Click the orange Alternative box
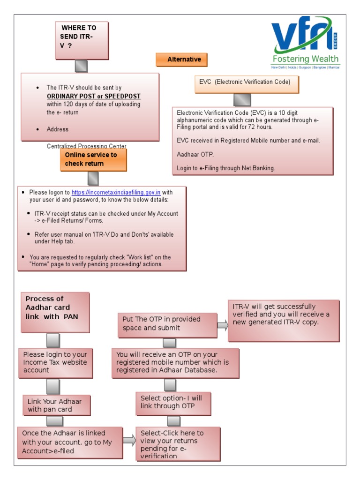pos(181,60)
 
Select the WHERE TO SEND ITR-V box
pos(82,40)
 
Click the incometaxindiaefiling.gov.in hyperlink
pos(116,192)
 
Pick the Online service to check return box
pos(93,159)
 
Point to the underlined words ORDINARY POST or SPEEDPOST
pos(94,96)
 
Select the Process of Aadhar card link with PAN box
pos(55,312)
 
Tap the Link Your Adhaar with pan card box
pos(57,405)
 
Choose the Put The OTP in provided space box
pos(167,324)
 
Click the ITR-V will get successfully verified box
pos(283,321)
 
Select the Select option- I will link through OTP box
pos(173,403)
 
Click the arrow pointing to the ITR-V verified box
pos(223,325)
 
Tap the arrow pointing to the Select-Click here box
pos(129,440)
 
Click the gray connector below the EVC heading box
pos(242,100)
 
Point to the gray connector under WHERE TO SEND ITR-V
pos(81,66)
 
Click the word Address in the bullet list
pos(57,129)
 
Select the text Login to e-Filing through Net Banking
pos(226,168)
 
